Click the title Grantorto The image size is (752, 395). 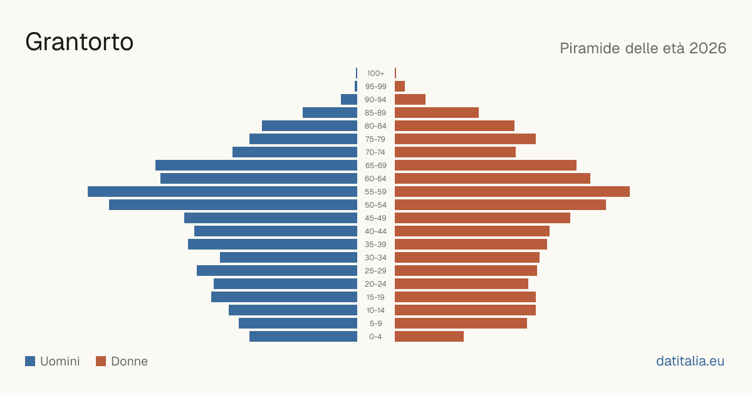[x=79, y=42]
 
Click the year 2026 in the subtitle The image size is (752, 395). [x=708, y=48]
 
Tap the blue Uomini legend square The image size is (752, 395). [x=30, y=361]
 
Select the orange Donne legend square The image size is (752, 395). [x=101, y=361]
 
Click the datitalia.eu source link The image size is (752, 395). [x=690, y=361]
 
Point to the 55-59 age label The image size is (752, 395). [x=375, y=192]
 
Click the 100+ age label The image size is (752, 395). [x=375, y=73]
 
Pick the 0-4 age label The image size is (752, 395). [x=375, y=337]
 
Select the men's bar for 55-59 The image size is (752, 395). [x=222, y=192]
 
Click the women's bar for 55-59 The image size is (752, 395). [x=513, y=192]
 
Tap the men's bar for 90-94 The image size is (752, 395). [x=349, y=100]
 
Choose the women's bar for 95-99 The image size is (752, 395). [x=400, y=87]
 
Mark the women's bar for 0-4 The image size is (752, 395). [x=429, y=337]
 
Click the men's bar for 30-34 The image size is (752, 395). [x=288, y=258]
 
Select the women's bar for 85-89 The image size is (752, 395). [x=437, y=112]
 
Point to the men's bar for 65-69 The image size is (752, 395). [x=256, y=166]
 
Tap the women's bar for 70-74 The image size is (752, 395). [x=455, y=152]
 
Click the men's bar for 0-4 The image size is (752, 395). [x=303, y=337]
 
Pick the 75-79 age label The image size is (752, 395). [x=375, y=139]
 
